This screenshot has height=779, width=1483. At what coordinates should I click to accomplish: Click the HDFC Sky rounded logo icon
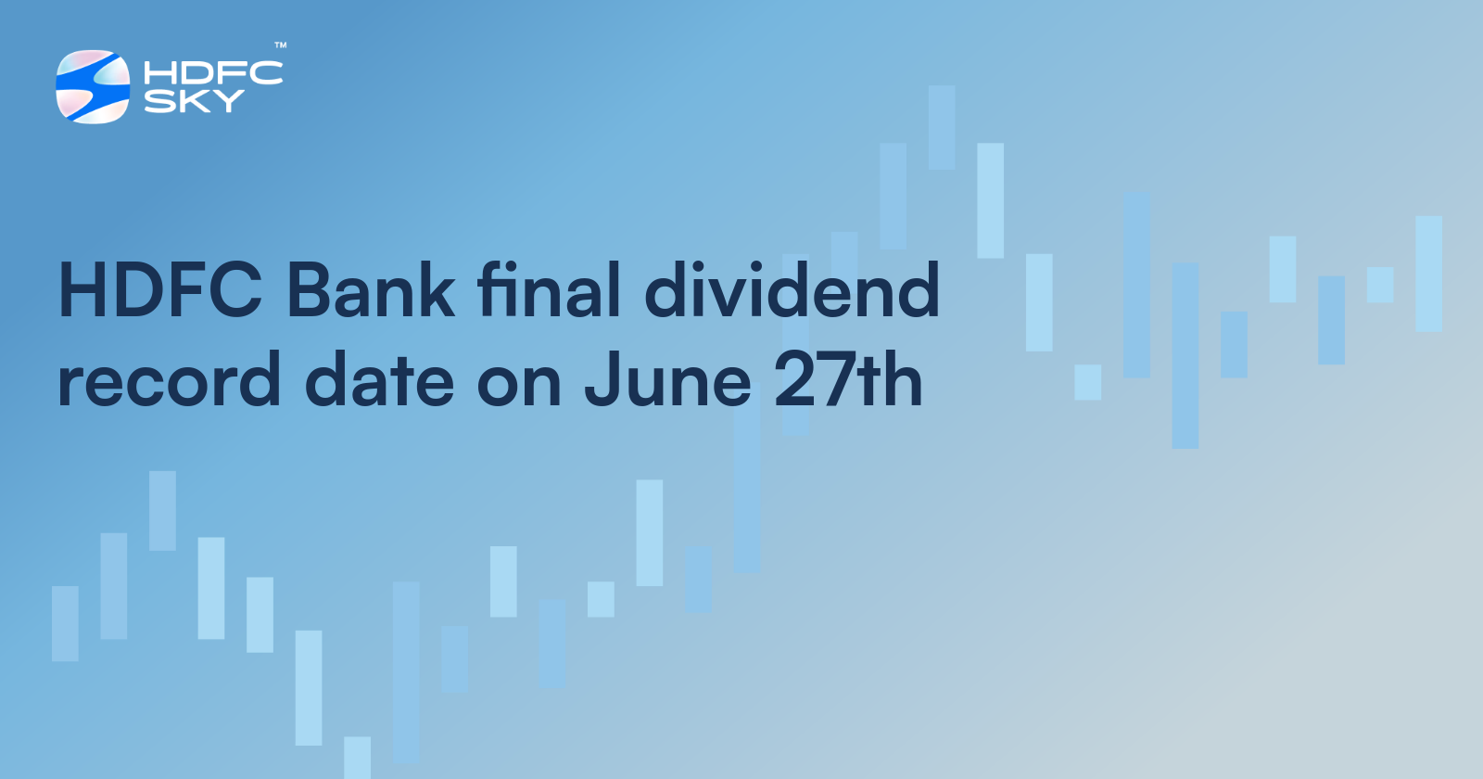[x=93, y=87]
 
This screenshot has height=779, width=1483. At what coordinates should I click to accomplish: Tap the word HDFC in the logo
[x=213, y=73]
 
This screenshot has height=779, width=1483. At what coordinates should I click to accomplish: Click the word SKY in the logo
[x=194, y=101]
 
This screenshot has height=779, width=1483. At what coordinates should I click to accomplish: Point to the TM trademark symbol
[x=281, y=45]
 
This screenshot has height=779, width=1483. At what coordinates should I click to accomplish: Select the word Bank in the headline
[x=371, y=290]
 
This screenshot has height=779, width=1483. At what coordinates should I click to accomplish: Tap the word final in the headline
[x=549, y=289]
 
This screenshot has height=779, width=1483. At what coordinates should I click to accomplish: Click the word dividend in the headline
[x=792, y=289]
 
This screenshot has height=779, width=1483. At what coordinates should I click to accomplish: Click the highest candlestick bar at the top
[x=942, y=127]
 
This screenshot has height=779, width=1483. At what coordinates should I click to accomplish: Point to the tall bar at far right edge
[x=1428, y=274]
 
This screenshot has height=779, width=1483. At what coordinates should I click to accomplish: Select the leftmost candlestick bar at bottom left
[x=65, y=623]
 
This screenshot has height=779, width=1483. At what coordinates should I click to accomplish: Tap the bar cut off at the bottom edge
[x=358, y=758]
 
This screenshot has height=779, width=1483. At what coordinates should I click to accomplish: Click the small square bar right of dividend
[x=1088, y=382]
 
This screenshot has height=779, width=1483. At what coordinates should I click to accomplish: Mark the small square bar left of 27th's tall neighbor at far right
[x=1380, y=285]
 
